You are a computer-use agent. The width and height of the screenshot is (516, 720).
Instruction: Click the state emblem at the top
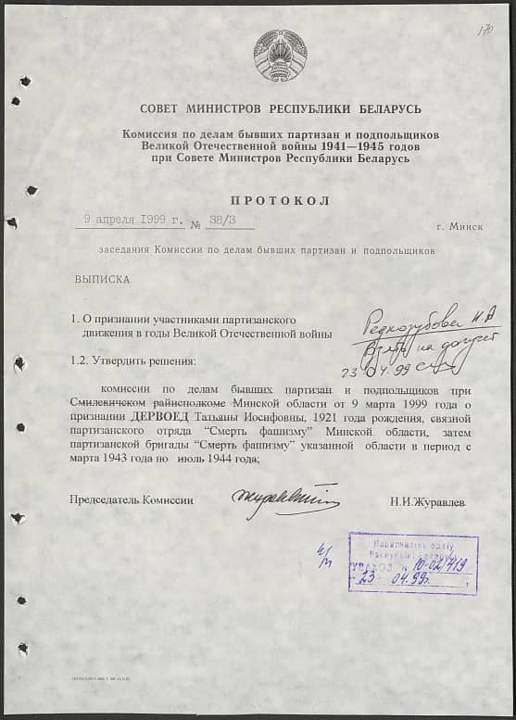tap(280, 56)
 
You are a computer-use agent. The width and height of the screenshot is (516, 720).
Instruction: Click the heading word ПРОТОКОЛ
tap(281, 200)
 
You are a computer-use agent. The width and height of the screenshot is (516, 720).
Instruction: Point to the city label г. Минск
tap(459, 225)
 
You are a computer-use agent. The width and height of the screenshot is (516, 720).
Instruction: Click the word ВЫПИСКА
tap(102, 277)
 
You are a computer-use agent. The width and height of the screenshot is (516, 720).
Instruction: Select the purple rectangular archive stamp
tap(413, 562)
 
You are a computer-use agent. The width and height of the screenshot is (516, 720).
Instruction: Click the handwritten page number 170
tap(485, 32)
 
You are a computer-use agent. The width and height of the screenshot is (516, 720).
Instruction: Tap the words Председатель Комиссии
tap(132, 500)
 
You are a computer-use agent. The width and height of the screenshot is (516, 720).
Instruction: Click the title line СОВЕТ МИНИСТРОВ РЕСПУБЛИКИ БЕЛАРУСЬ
tap(281, 109)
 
